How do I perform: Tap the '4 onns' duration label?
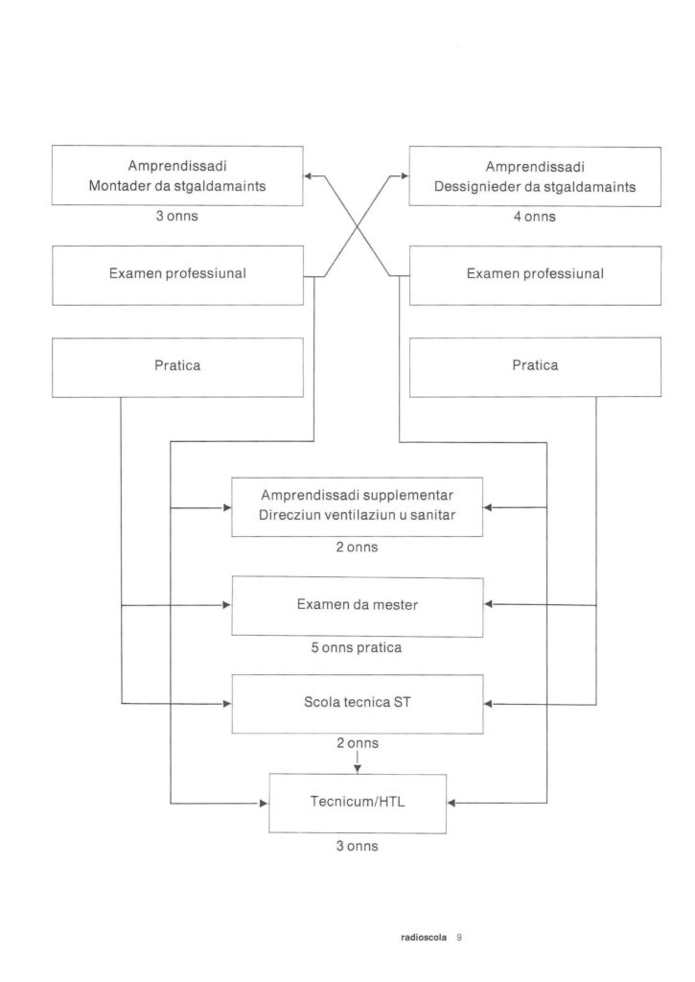[x=535, y=217]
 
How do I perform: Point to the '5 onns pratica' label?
[x=357, y=647]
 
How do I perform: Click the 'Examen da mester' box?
[x=358, y=607]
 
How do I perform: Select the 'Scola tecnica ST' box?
[x=358, y=704]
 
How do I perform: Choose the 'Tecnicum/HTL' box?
[x=358, y=804]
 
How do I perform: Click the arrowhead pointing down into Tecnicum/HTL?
[x=358, y=769]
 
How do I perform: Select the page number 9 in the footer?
[x=459, y=938]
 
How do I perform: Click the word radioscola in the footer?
[x=424, y=938]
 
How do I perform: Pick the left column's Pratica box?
[x=177, y=367]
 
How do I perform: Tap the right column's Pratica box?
[x=535, y=367]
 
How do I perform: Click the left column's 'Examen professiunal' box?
[x=177, y=275]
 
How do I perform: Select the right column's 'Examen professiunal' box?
[x=535, y=275]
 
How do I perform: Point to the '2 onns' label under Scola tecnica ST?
[x=358, y=743]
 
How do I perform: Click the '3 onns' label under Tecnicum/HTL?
[x=358, y=846]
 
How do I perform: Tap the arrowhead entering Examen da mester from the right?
[x=489, y=604]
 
